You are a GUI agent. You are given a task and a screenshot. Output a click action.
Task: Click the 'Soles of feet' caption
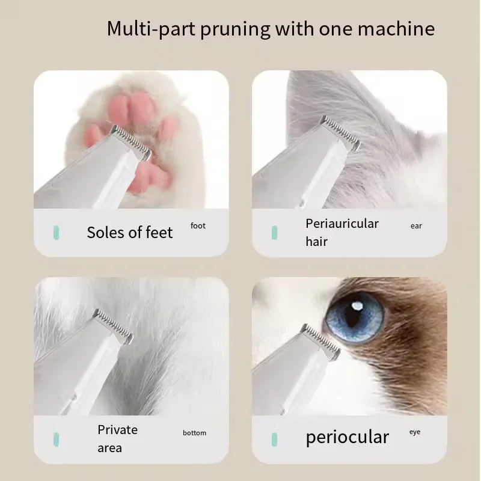pyautogui.click(x=129, y=233)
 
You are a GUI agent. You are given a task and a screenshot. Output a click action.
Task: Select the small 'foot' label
pyautogui.click(x=198, y=226)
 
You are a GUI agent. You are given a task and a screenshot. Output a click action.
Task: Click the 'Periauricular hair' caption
pyautogui.click(x=342, y=232)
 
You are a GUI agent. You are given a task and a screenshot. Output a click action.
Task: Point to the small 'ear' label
pyautogui.click(x=416, y=226)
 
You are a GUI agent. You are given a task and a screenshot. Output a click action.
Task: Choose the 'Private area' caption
pyautogui.click(x=118, y=438)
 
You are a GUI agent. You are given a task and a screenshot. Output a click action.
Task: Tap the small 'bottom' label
pyautogui.click(x=194, y=433)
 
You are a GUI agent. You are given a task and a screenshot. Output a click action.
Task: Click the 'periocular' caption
pyautogui.click(x=347, y=437)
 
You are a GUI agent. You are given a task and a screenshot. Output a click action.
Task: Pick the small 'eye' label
pyautogui.click(x=415, y=432)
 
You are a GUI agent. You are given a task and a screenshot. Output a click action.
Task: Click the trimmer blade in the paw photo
pyautogui.click(x=132, y=142)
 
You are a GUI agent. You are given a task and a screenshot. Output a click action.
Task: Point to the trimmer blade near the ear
pyautogui.click(x=340, y=132)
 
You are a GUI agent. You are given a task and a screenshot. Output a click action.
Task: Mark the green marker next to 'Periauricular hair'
pyautogui.click(x=274, y=232)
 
